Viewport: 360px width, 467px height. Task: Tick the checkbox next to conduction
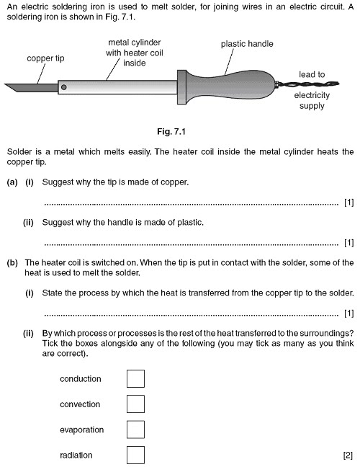[x=135, y=378]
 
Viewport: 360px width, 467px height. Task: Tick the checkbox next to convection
[x=135, y=404]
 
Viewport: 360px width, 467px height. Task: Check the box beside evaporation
[x=135, y=430]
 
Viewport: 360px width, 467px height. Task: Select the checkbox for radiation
[x=135, y=455]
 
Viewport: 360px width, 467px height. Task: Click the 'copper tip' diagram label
[x=47, y=58]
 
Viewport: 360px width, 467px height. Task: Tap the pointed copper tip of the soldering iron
[x=20, y=88]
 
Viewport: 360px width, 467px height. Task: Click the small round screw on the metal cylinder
[x=64, y=87]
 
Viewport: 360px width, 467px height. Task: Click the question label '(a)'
[x=12, y=182]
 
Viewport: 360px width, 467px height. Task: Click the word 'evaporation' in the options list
[x=82, y=430]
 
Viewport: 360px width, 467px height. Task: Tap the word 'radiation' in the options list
[x=76, y=455]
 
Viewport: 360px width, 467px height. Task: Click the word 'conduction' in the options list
[x=81, y=378]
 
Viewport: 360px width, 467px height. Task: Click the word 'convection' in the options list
[x=81, y=404]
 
